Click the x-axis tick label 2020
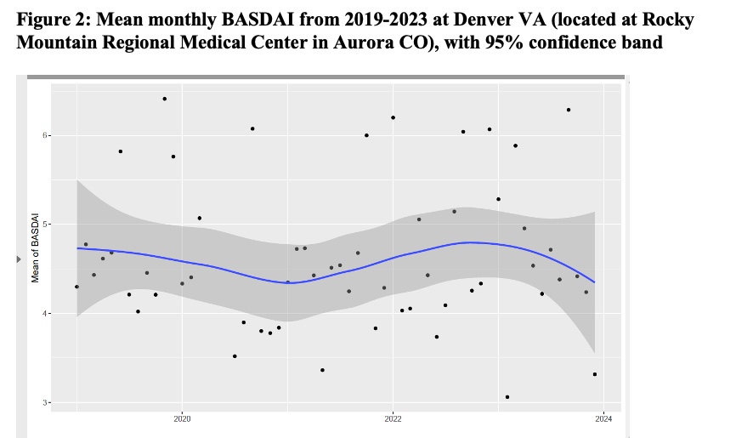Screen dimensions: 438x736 182,418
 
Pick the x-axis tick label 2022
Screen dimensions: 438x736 393,418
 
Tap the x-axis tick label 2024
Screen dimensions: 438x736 603,418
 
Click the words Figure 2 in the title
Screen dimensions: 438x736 50,19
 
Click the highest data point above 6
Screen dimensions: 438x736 164,99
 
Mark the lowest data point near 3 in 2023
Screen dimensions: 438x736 507,396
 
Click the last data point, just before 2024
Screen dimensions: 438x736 595,374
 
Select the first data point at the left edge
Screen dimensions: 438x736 76,287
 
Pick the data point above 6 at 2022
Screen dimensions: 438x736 393,117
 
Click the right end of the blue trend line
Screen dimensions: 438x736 595,282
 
